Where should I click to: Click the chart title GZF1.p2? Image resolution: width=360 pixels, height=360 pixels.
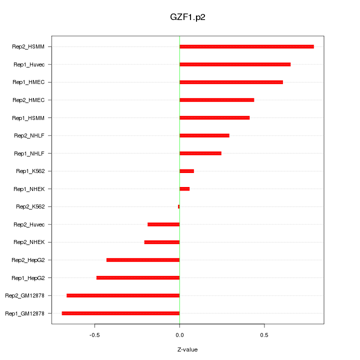click(187, 17)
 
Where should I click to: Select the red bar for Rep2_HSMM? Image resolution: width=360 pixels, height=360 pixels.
click(246, 47)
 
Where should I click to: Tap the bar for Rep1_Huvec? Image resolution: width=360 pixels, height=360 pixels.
click(235, 64)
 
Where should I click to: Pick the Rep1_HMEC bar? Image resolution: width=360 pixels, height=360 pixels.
click(231, 82)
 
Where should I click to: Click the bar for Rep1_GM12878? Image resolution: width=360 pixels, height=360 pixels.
click(120, 313)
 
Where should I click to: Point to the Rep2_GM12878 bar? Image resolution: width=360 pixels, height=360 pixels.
click(123, 295)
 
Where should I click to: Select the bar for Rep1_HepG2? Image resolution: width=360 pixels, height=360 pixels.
click(138, 278)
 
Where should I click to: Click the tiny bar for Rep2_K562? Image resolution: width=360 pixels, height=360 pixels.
click(178, 206)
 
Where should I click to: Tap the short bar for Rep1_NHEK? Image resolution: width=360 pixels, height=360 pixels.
click(184, 189)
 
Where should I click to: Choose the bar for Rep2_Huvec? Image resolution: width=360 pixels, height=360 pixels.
click(163, 224)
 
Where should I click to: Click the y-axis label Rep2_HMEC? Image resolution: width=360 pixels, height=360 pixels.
click(29, 100)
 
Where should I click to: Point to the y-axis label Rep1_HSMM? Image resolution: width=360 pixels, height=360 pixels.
click(29, 118)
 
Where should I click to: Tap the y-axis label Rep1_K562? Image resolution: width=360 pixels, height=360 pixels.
click(30, 171)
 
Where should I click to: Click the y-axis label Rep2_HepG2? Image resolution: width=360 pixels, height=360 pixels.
click(28, 260)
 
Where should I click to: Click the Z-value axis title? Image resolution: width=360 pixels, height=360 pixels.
click(187, 349)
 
